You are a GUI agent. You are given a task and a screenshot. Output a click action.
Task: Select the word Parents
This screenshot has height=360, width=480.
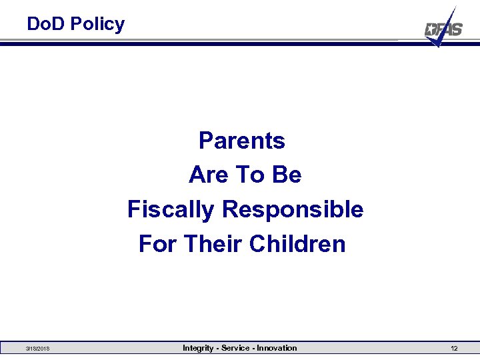pyautogui.click(x=242, y=141)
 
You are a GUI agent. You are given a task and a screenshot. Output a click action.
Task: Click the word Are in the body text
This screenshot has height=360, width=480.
pyautogui.click(x=208, y=175)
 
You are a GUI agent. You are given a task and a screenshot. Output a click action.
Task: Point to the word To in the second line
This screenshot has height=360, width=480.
pyautogui.click(x=250, y=175)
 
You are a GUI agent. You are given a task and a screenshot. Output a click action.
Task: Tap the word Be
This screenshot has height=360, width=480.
pyautogui.click(x=286, y=175)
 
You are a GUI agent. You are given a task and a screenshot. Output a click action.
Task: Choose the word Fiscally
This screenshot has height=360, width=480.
pyautogui.click(x=171, y=209)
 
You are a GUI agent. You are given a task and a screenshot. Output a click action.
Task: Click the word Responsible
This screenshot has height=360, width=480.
pyautogui.click(x=293, y=209)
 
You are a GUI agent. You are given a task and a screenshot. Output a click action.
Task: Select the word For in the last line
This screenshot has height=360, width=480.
pyautogui.click(x=158, y=244)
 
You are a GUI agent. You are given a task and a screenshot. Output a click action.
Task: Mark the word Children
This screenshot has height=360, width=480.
pyautogui.click(x=297, y=244)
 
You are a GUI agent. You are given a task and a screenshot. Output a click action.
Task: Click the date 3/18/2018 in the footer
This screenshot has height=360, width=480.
pyautogui.click(x=37, y=349)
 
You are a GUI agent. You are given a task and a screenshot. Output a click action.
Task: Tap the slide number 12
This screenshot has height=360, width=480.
pyautogui.click(x=453, y=349)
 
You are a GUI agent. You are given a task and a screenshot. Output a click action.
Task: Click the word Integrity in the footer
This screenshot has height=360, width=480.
pyautogui.click(x=199, y=348)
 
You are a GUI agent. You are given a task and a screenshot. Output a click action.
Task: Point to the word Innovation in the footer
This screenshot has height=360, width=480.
pyautogui.click(x=276, y=348)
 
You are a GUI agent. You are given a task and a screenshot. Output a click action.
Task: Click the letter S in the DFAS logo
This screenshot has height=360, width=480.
pyautogui.click(x=456, y=29)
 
